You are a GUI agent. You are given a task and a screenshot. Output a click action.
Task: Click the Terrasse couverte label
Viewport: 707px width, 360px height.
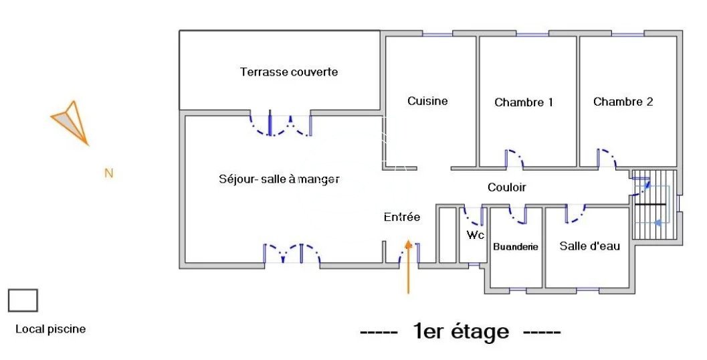coord(289,72)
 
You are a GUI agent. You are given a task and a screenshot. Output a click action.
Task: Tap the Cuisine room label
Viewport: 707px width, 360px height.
coord(427,101)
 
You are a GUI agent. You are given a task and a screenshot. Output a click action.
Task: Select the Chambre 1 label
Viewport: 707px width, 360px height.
coord(524,102)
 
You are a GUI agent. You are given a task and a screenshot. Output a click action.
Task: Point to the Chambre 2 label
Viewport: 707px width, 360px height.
coord(623,102)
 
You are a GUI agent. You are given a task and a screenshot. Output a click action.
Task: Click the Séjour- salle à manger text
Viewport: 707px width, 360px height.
coord(280,179)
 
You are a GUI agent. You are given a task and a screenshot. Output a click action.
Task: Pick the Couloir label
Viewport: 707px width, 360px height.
coord(507,188)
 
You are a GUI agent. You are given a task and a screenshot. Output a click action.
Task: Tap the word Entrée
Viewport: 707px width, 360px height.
coord(402,217)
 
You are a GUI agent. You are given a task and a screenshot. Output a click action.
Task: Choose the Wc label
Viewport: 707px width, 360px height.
coord(476,235)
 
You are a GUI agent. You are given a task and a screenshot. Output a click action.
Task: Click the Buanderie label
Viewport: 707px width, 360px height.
coord(516,247)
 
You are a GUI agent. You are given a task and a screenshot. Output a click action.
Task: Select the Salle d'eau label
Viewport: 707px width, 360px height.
coord(590,246)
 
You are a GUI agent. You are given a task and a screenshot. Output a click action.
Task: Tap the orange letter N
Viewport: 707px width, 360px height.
coord(109,173)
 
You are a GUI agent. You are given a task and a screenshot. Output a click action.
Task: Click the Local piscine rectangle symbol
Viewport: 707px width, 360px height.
coord(23,300)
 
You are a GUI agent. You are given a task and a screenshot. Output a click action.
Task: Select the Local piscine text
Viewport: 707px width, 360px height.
coord(51,329)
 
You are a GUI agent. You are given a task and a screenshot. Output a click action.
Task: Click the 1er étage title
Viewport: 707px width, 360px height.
coord(461,331)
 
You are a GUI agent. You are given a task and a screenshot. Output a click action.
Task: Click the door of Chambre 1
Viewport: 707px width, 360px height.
coord(514,159)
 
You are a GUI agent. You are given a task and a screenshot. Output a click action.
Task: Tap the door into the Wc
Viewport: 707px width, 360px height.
coord(473,215)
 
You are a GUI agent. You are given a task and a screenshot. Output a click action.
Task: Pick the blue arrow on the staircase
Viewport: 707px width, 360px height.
coord(659,222)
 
